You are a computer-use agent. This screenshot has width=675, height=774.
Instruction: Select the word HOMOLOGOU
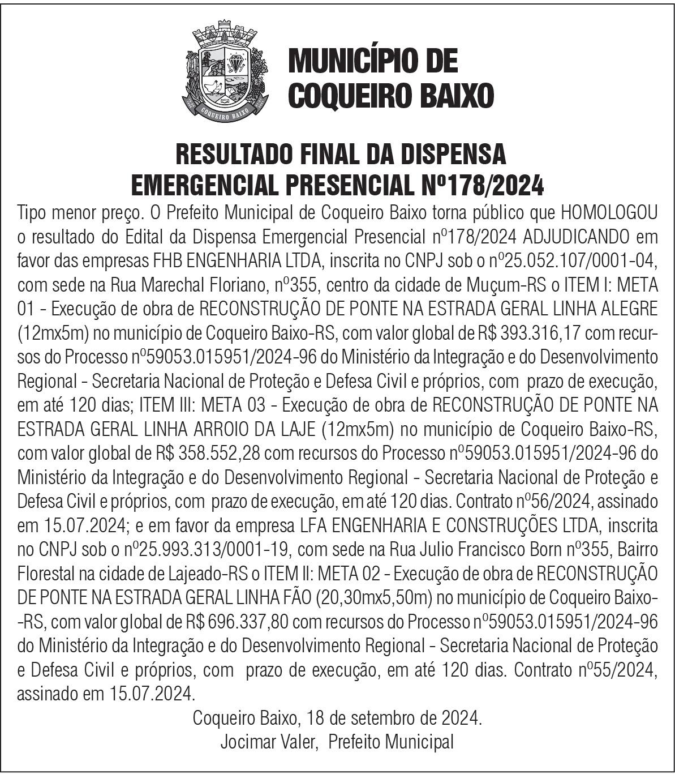pos(608,213)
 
